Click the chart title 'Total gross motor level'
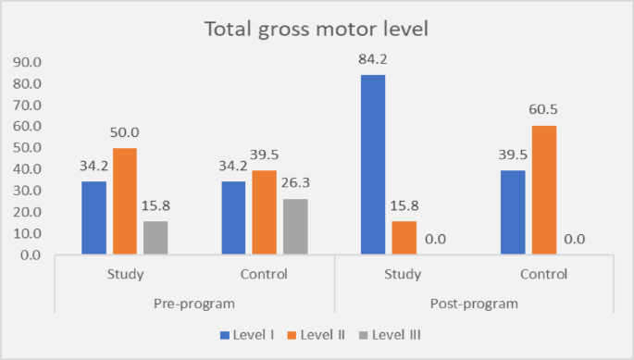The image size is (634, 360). point(317,29)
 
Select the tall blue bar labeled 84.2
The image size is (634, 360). point(373,164)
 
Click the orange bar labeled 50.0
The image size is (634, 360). point(126,201)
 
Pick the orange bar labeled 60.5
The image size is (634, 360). point(547,190)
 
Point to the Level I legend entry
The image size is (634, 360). point(244,334)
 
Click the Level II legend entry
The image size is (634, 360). point(317,334)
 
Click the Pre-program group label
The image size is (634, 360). point(195,304)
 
